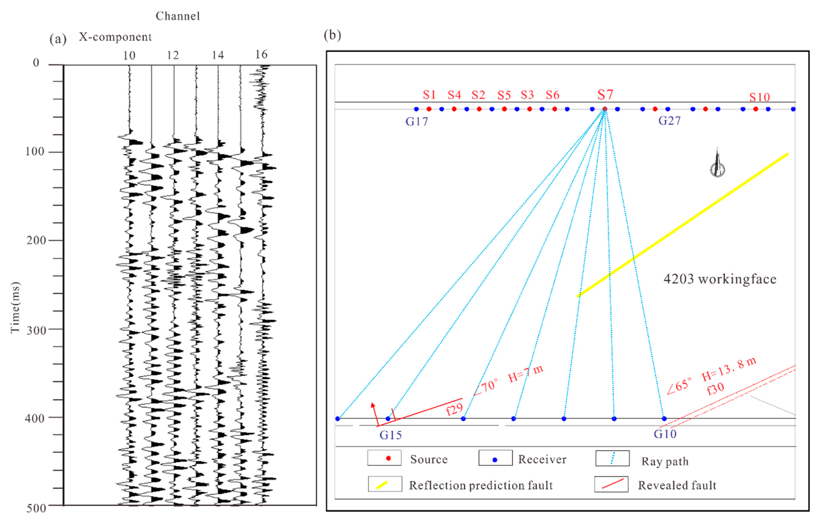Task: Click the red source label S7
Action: (605, 95)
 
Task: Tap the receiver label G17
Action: (417, 121)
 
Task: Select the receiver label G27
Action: (669, 121)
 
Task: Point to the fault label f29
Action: (454, 409)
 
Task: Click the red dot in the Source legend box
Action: (388, 458)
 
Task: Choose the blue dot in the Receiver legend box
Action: (495, 460)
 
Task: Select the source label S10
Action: (759, 97)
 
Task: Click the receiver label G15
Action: (390, 435)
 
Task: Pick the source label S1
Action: (429, 95)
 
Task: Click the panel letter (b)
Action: (332, 35)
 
